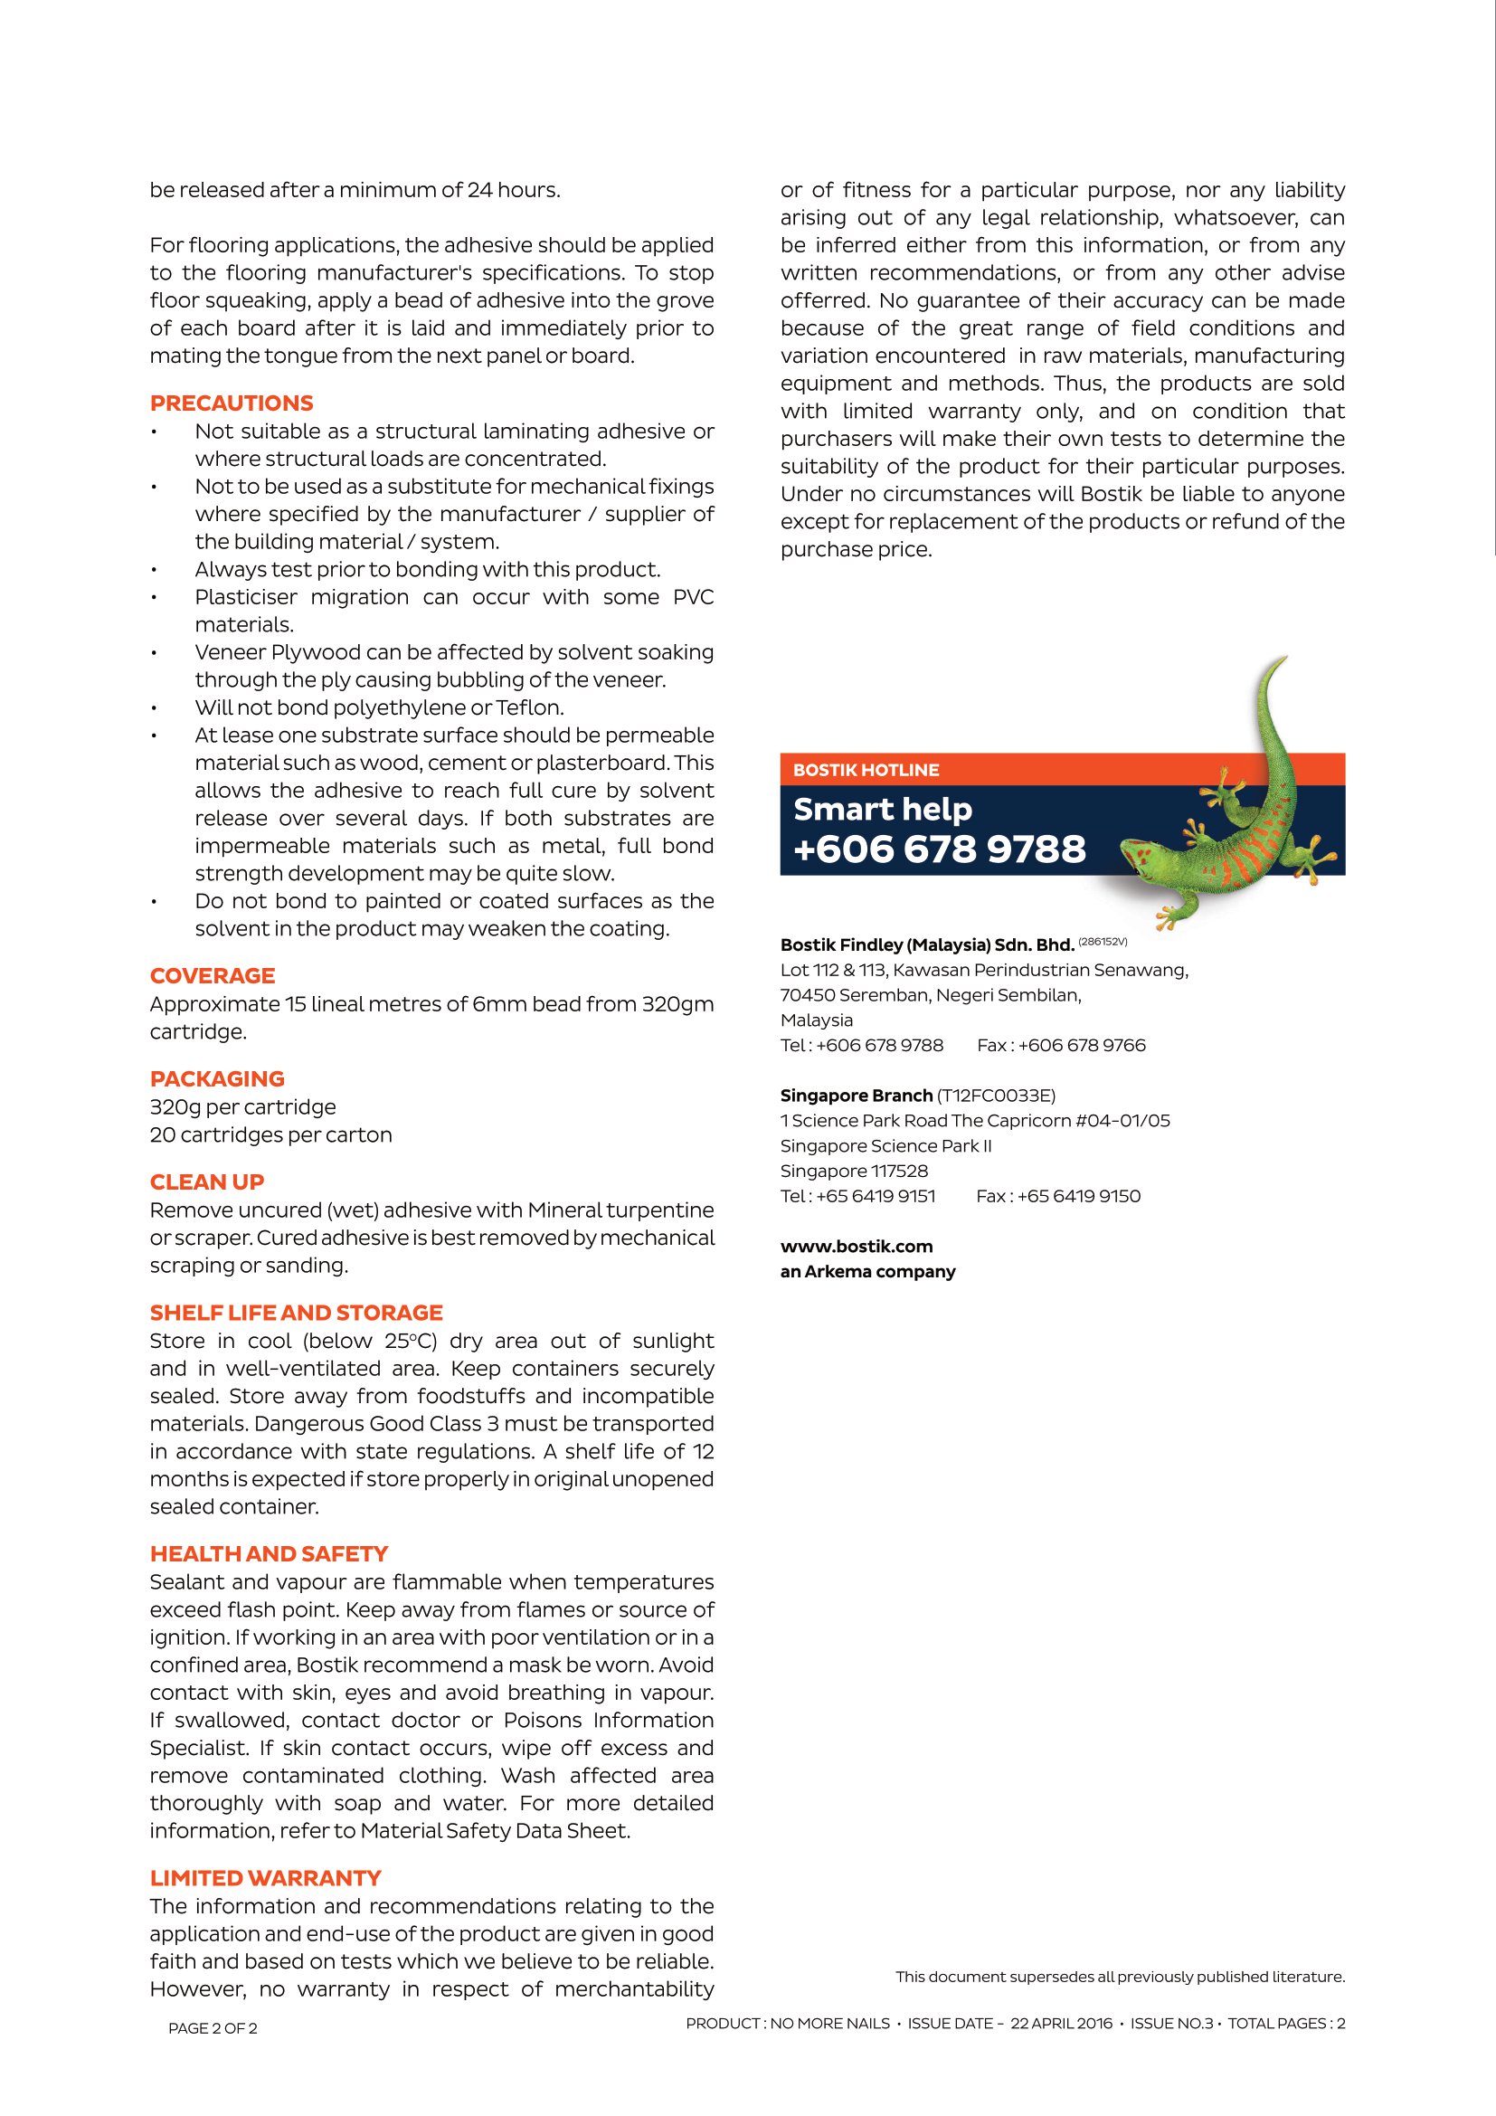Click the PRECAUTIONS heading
(232, 403)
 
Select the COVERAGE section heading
(212, 975)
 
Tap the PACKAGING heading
(216, 1078)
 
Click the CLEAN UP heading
(206, 1181)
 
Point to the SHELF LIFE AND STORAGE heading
(296, 1313)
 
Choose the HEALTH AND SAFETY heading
(268, 1554)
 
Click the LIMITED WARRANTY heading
(265, 1878)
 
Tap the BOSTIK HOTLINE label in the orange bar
(866, 770)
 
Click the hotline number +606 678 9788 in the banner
(939, 849)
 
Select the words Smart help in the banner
(883, 809)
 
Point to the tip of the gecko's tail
(1284, 658)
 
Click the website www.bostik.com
(856, 1246)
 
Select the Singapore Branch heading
(856, 1095)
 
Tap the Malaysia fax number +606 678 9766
(1082, 1045)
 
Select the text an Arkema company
(866, 1271)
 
